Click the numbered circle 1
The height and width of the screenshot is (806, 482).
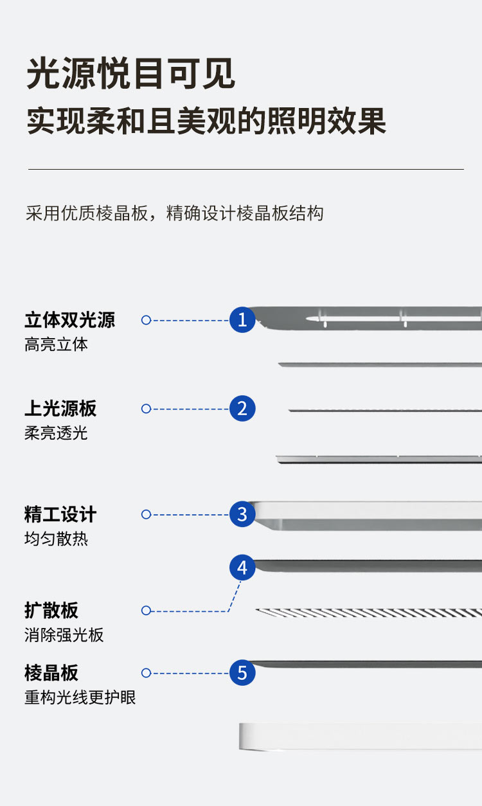(x=242, y=319)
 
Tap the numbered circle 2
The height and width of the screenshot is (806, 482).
(x=242, y=409)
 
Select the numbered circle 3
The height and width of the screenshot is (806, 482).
(x=242, y=514)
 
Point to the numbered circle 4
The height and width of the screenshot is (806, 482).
(x=242, y=568)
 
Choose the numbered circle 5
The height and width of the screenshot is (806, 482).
(x=242, y=673)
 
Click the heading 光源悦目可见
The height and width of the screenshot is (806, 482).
(x=131, y=74)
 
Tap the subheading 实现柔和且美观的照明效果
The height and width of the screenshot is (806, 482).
(x=206, y=120)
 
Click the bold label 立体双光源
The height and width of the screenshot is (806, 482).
(x=69, y=320)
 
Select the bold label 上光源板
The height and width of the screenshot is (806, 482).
(x=60, y=409)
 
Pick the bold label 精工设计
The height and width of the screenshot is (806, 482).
(x=60, y=515)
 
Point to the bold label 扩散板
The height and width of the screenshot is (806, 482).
(x=51, y=611)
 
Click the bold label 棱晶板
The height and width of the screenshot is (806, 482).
(x=51, y=673)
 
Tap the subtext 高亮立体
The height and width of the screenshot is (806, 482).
(x=56, y=345)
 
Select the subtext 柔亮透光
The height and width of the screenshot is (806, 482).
(x=56, y=433)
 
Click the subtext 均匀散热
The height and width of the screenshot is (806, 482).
(x=56, y=539)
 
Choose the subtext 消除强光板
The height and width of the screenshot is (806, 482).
(x=64, y=635)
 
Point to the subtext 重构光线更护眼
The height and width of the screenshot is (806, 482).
(x=80, y=697)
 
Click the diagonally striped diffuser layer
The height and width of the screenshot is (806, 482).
(x=369, y=613)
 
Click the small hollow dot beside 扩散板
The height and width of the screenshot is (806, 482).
(x=146, y=611)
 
